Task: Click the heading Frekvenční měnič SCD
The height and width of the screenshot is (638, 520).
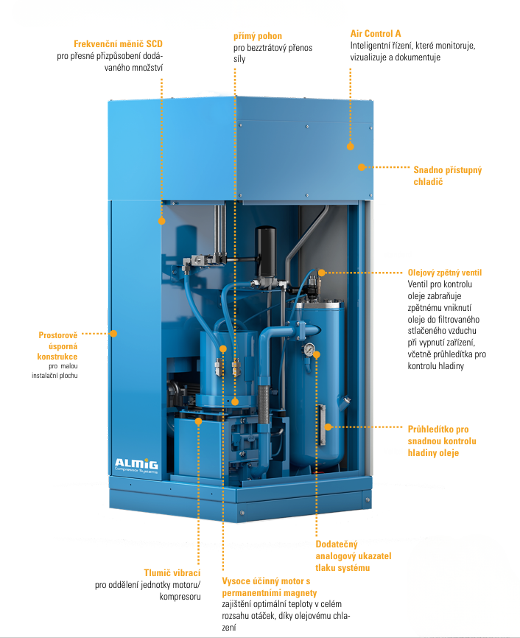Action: [118, 43]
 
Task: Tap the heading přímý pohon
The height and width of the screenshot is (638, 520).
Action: [258, 35]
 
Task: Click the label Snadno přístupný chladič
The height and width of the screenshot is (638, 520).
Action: [448, 175]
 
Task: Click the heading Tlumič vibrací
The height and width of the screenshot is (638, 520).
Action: [172, 572]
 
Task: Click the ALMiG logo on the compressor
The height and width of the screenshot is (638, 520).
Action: [136, 463]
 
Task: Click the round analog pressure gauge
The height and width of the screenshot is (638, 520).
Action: [311, 350]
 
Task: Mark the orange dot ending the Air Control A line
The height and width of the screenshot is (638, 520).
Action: [351, 147]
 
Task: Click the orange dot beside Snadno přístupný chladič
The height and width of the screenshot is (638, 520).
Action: [362, 166]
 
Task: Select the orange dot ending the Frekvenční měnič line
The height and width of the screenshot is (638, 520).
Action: [161, 220]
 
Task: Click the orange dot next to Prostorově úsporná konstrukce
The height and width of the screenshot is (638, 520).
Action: [113, 334]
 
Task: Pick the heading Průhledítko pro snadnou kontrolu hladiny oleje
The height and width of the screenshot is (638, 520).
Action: [442, 441]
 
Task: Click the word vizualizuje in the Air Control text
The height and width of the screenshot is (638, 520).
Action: [376, 57]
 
